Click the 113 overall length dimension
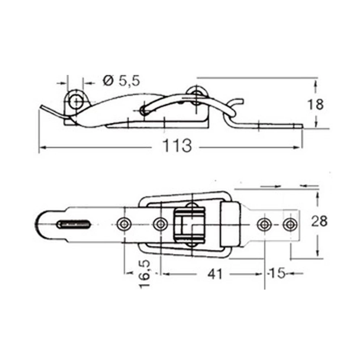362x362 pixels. tap(177, 146)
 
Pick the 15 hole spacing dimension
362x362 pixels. tap(276, 274)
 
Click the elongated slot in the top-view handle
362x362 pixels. tap(74, 224)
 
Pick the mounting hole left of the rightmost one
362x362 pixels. tap(264, 224)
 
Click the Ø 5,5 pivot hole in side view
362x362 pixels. tap(76, 101)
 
